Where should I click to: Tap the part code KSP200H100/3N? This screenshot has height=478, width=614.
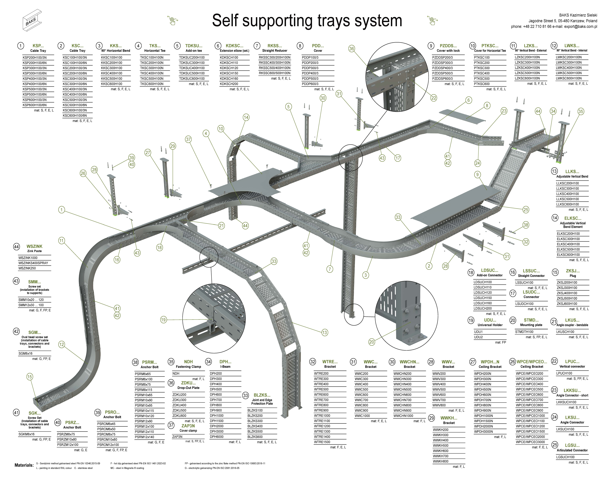pyautogui.click(x=35, y=57)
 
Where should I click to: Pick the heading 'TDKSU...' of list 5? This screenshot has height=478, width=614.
pyautogui.click(x=194, y=46)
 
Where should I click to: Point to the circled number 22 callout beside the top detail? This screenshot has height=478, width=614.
pyautogui.click(x=434, y=98)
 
